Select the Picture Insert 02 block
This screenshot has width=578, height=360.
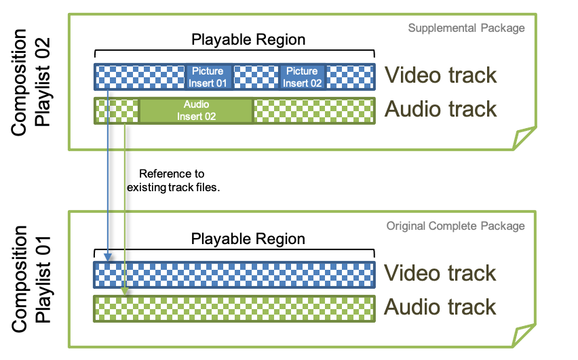coord(302,77)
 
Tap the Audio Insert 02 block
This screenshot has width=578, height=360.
coord(196,111)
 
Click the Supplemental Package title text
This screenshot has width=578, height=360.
coord(466,28)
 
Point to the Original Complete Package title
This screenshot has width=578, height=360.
coord(455,226)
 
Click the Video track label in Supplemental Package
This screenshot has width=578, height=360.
coord(440,75)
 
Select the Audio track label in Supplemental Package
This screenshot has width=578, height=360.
coord(440,109)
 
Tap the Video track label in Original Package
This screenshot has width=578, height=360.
coord(440,273)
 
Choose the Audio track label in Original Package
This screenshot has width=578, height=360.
coord(440,307)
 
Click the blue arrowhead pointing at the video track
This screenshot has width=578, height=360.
coord(107,256)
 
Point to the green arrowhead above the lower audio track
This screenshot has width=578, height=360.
coord(124,291)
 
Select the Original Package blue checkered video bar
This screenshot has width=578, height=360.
coord(234,275)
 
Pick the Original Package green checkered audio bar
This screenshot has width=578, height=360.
coord(234,308)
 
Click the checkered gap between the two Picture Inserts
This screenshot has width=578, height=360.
coord(256,77)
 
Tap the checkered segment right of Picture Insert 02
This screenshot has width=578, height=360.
coord(350,77)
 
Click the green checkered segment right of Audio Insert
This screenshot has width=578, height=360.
coord(313,111)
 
